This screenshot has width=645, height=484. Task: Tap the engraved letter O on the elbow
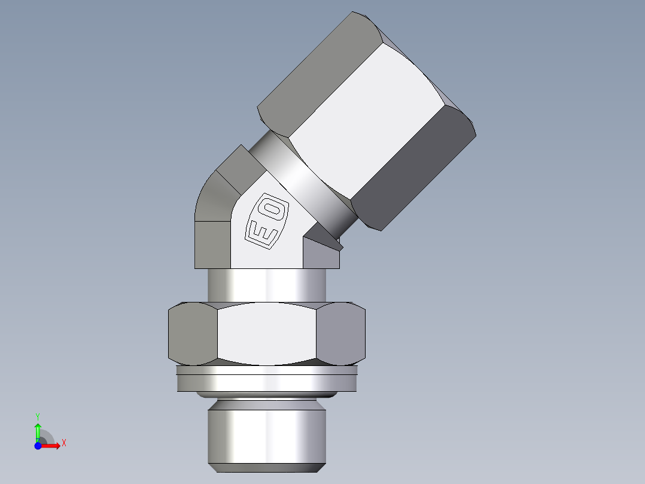[273, 209]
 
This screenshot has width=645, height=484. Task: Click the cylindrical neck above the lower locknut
[267, 285]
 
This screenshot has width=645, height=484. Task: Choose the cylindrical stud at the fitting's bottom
[267, 434]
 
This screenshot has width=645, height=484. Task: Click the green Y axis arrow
[38, 431]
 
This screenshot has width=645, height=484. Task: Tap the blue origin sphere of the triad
[38, 446]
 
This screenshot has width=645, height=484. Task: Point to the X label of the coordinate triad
[63, 443]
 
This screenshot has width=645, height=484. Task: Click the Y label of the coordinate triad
[38, 416]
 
